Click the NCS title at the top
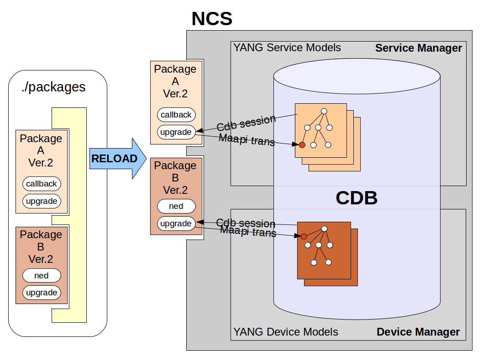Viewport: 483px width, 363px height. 212,19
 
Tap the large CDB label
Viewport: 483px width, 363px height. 357,198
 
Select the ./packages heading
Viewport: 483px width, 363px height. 53,87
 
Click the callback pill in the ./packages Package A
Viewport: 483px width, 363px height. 42,184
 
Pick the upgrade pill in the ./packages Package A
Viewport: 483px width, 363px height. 42,201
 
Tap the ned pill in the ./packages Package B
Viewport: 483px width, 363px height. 42,276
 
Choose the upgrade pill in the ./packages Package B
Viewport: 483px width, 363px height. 42,293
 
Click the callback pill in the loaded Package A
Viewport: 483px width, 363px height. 176,115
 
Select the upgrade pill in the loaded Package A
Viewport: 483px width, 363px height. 176,132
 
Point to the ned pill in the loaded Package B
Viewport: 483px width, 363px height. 176,206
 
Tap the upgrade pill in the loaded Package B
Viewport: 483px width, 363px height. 176,224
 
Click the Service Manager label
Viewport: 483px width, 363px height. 418,48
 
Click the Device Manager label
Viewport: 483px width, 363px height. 418,332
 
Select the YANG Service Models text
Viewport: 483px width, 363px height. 287,48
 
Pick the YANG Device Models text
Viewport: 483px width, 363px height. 286,332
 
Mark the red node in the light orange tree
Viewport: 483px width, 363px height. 302,145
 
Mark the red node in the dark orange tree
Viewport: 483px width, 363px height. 304,236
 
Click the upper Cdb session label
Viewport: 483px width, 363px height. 247,123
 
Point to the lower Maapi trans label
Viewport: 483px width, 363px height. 248,232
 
